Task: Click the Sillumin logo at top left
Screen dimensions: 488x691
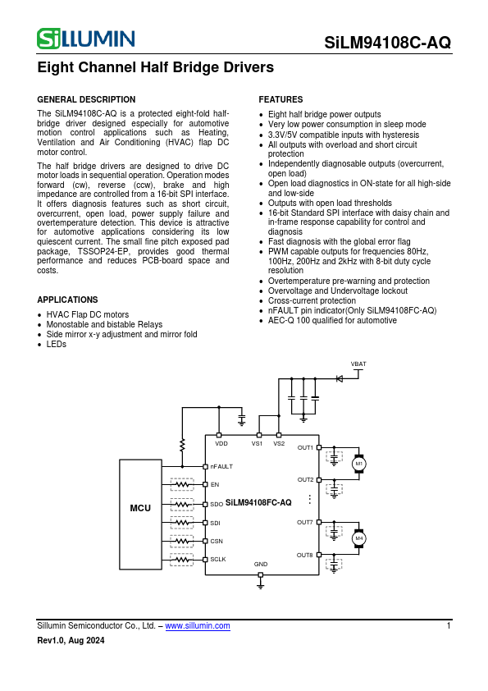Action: (86, 39)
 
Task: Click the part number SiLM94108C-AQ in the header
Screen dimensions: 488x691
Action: (387, 43)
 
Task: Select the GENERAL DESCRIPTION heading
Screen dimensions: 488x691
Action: (86, 99)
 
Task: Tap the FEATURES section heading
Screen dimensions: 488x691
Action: (280, 99)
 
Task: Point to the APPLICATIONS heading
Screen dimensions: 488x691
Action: (67, 300)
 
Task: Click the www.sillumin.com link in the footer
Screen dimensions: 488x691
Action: (198, 626)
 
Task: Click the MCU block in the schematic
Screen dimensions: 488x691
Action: (140, 508)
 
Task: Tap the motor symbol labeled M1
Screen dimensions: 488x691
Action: (358, 464)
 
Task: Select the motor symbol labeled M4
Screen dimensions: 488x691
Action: (358, 538)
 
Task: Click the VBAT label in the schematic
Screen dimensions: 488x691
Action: (358, 363)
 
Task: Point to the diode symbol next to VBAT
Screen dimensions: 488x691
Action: (338, 378)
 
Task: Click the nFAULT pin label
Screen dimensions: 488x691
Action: (221, 466)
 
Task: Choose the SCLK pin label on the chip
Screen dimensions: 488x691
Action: (217, 560)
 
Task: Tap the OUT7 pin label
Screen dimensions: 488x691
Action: (305, 522)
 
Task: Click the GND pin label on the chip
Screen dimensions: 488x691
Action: (261, 565)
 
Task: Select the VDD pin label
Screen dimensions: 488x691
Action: (221, 443)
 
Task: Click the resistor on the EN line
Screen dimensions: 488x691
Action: (182, 485)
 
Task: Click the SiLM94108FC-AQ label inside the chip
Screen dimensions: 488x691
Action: (258, 501)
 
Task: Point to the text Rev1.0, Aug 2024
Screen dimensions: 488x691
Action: (71, 641)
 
